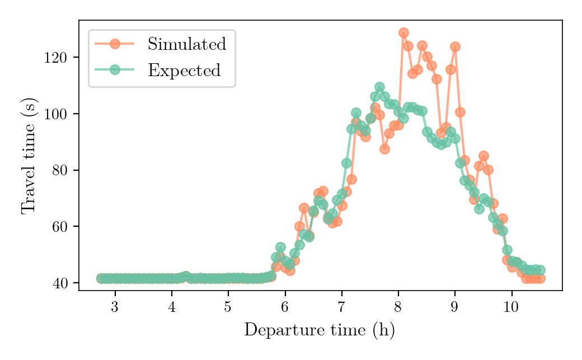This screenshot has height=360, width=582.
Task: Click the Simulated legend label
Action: click(187, 44)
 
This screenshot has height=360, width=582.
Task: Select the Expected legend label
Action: click(185, 70)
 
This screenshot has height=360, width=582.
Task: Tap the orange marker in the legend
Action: click(115, 44)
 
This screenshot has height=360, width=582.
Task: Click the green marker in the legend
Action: click(115, 69)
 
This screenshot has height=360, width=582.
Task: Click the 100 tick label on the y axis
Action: click(55, 114)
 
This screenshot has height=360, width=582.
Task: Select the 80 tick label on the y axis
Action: click(59, 171)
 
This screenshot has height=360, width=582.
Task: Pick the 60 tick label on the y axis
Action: click(59, 227)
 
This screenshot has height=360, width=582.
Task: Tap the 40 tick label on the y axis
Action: click(59, 283)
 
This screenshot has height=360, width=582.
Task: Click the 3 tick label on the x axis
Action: click(115, 307)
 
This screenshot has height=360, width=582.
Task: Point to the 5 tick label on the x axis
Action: click(228, 307)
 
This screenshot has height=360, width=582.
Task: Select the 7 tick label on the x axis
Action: click(341, 307)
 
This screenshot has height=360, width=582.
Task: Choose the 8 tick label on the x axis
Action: click(398, 307)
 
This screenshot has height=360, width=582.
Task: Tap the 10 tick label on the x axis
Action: click(511, 307)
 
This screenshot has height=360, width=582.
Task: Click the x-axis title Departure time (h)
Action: click(319, 330)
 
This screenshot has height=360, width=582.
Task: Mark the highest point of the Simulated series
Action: click(403, 32)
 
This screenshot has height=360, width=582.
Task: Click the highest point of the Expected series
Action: click(379, 87)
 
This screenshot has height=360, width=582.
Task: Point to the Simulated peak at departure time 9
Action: click(455, 47)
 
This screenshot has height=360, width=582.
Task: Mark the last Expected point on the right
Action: click(541, 270)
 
